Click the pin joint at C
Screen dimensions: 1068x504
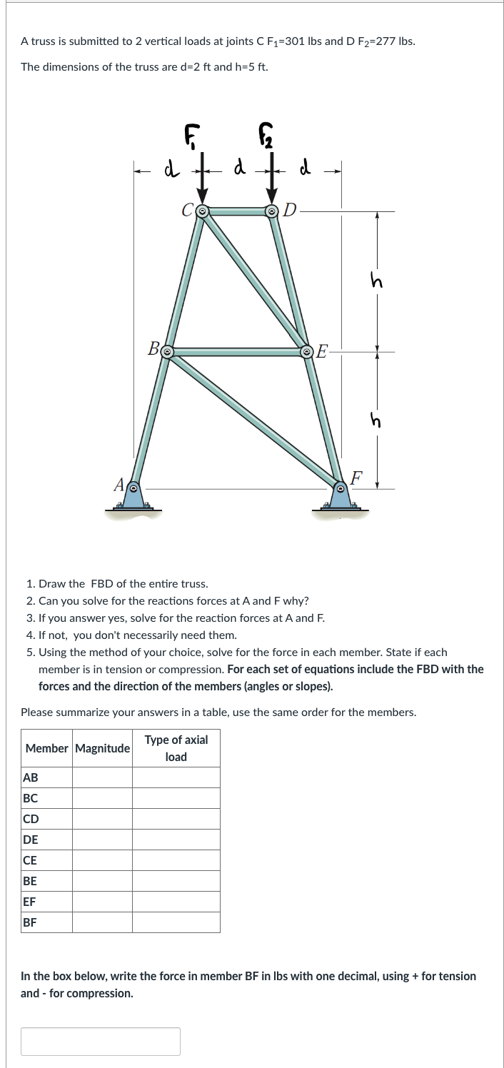click(x=202, y=211)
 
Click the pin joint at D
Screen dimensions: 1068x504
click(x=272, y=211)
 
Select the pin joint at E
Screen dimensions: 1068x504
click(x=307, y=351)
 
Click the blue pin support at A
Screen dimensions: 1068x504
click(x=133, y=494)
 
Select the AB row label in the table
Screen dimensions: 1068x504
click(x=31, y=777)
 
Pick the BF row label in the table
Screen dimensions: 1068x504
click(x=30, y=922)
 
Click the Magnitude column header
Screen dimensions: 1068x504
click(x=102, y=748)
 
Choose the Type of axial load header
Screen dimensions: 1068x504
click(x=176, y=748)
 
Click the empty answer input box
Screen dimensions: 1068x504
click(x=101, y=1041)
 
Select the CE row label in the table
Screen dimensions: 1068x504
click(x=31, y=860)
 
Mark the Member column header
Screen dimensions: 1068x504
click(x=47, y=748)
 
